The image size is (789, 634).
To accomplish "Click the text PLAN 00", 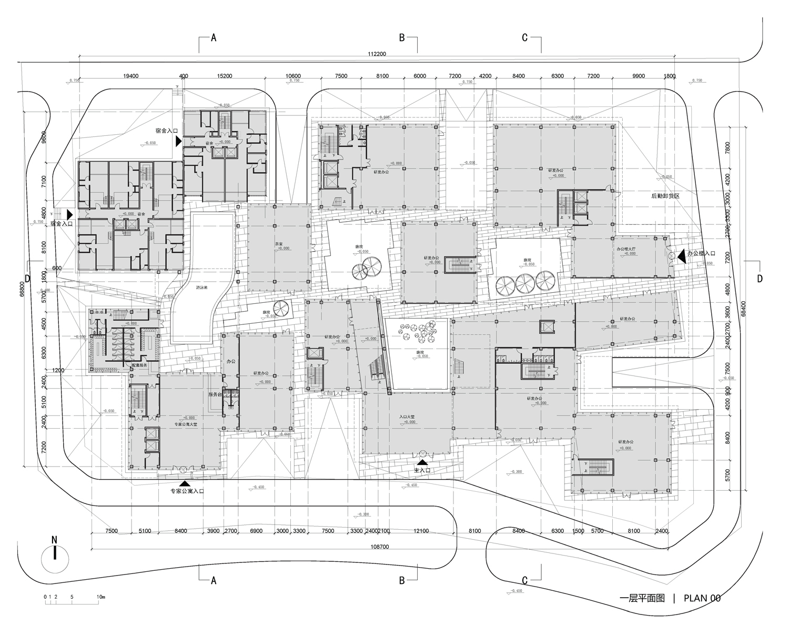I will [x=702, y=598].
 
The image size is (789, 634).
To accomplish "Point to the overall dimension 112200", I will [x=377, y=54].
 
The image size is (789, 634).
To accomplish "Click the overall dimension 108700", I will [x=379, y=547].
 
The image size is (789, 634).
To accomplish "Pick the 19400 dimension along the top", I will [x=130, y=76].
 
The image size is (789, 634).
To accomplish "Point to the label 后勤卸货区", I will [x=665, y=196].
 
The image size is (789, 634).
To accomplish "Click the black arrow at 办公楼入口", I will [x=682, y=255].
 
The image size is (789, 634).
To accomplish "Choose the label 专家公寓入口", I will [x=187, y=491].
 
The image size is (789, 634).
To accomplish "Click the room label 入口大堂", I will [x=407, y=417].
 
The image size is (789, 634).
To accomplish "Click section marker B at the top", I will [x=402, y=37].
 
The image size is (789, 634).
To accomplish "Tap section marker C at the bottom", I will [x=524, y=580].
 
